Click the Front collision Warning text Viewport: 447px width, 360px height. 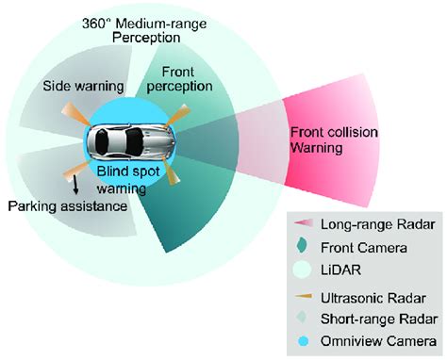click(326, 139)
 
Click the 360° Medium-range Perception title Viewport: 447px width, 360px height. click(143, 30)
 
